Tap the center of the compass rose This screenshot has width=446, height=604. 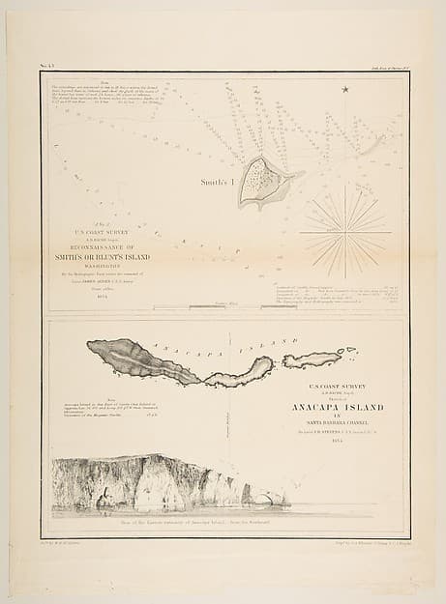click(345, 232)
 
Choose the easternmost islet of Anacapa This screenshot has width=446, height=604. click(312, 360)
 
